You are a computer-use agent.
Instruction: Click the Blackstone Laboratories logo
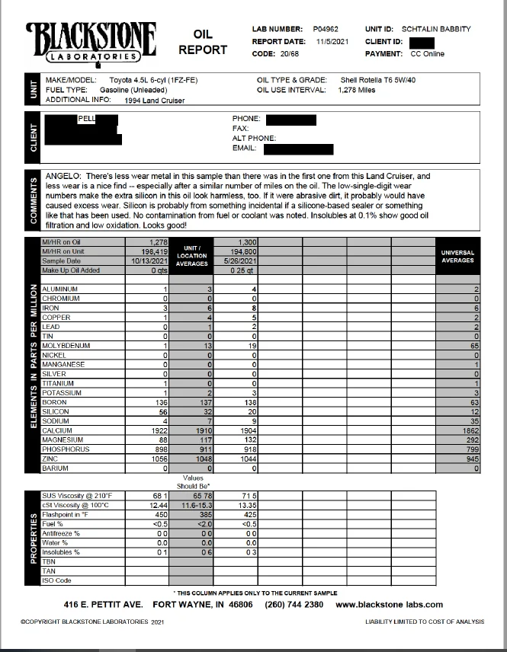point(91,42)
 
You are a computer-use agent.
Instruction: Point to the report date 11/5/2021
point(332,41)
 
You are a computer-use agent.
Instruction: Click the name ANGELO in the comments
point(64,175)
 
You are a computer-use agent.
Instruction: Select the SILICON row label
point(56,411)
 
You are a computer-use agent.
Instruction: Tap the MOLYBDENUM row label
point(66,346)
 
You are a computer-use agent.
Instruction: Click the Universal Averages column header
point(457,256)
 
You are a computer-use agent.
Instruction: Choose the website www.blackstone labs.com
point(389,604)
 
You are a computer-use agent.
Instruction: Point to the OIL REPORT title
point(203,43)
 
